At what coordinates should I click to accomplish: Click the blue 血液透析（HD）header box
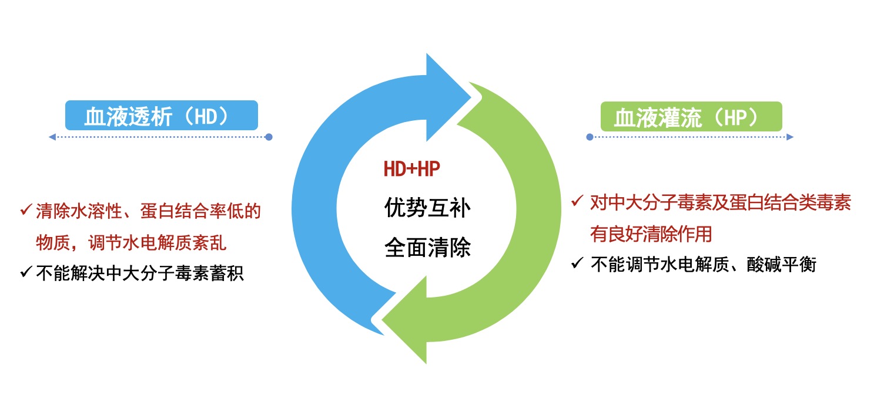[161, 116]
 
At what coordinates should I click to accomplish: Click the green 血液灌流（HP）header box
[691, 116]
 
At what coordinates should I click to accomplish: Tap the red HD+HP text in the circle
[412, 170]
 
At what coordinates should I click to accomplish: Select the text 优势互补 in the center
[427, 208]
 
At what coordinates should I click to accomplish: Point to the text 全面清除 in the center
[427, 247]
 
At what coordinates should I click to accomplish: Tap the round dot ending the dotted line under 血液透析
[269, 137]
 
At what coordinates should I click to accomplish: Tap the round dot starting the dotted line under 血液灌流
[590, 137]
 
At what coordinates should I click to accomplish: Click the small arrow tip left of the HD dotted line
[52, 137]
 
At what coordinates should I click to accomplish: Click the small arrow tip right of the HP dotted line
[791, 137]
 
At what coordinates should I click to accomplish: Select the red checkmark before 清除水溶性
[26, 210]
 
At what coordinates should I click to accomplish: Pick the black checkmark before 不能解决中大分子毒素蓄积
[26, 272]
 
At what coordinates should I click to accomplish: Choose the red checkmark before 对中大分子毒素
[577, 202]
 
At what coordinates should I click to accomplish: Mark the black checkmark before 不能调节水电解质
[577, 263]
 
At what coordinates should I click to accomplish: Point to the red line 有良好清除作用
[651, 234]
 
